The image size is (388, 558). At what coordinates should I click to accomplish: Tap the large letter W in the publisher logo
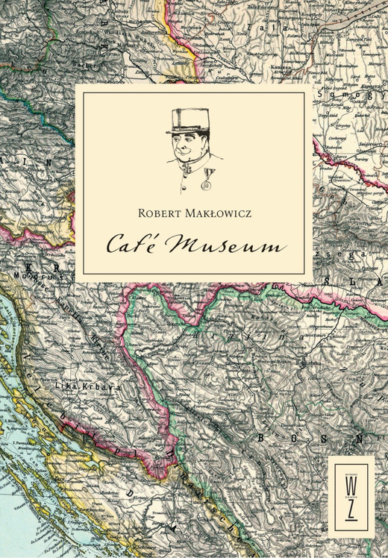coord(351,485)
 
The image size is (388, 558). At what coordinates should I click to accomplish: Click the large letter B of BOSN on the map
coord(263,438)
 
